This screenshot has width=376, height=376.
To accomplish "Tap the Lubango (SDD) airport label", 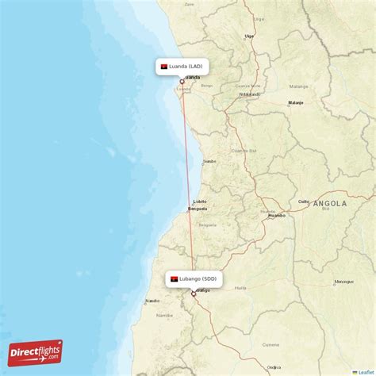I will click(x=194, y=279).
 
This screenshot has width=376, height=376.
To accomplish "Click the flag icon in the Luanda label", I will click(x=164, y=67).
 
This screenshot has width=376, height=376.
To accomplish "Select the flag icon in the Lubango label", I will click(x=174, y=279).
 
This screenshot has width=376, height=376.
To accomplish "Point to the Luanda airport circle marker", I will click(x=182, y=81).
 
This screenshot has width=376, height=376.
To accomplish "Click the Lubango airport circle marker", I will click(x=193, y=294).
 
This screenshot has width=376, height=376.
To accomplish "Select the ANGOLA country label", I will click(x=329, y=204).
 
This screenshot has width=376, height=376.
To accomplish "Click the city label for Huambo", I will click(x=277, y=215).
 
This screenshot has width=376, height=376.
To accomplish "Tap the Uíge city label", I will click(x=249, y=36).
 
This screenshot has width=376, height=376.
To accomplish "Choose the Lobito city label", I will click(x=199, y=201).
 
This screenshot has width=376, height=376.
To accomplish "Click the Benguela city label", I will click(x=197, y=209).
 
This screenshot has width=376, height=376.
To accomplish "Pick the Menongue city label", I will click(x=343, y=282).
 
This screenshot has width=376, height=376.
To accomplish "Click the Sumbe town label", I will click(x=209, y=161).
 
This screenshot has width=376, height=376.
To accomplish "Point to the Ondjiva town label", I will click(x=274, y=366).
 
